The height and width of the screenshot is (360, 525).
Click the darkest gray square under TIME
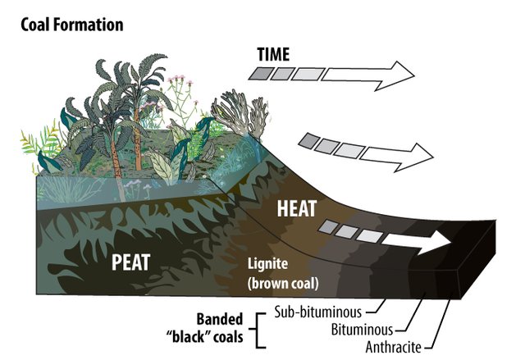coord(261,76)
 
